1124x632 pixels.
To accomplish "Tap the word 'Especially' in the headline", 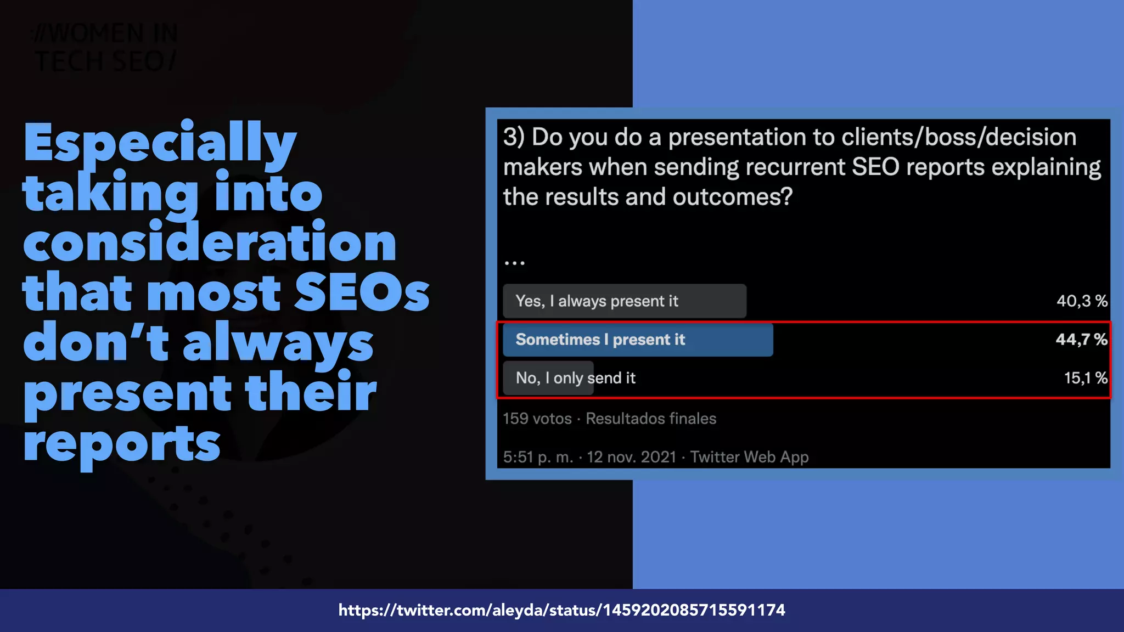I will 160,143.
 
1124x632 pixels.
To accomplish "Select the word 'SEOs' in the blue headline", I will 362,293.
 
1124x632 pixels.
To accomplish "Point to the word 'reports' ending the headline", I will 122,443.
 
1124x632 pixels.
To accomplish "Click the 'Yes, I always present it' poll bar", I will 624,301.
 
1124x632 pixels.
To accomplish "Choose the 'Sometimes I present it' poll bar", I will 637,340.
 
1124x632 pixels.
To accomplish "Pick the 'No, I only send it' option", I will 575,378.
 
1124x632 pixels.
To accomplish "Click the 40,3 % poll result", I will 1082,301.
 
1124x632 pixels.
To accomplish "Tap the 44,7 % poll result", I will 1081,340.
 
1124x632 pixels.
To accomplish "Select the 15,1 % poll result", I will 1085,378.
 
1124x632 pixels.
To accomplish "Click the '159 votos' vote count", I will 537,419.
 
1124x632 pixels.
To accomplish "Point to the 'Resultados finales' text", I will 651,419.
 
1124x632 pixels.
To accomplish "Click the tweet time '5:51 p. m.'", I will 538,457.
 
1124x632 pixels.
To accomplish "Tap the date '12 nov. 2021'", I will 631,457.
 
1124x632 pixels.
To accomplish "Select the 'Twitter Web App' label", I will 749,457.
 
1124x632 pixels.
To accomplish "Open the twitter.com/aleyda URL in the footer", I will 561,610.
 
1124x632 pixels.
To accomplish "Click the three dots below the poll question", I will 514,263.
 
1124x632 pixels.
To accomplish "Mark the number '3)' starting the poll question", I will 514,137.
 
